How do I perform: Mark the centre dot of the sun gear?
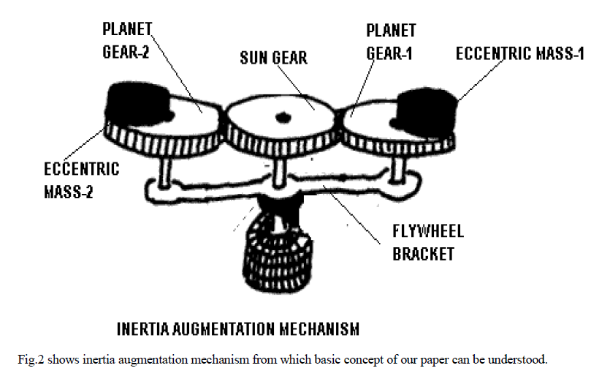coord(282,117)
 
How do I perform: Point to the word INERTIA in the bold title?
coord(143,328)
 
